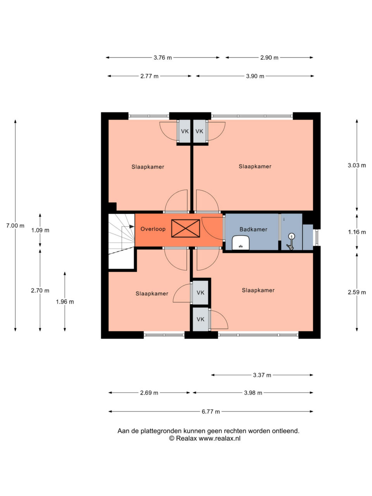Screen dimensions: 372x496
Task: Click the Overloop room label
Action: (x=153, y=229)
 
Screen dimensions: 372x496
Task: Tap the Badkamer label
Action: (x=253, y=229)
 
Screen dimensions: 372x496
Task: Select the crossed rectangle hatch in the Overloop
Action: (x=186, y=228)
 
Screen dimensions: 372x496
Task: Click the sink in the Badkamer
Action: (x=241, y=242)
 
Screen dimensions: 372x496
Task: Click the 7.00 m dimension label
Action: (x=15, y=226)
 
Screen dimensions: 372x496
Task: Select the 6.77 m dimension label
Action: (x=210, y=412)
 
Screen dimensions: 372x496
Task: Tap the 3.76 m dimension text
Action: (x=163, y=58)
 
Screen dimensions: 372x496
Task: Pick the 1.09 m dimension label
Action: (x=40, y=230)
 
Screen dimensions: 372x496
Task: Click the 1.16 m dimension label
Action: (x=356, y=232)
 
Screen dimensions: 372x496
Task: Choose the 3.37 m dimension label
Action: (x=262, y=375)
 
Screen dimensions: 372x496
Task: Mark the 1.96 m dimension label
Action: (x=65, y=301)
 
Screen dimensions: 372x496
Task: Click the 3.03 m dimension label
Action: (x=356, y=165)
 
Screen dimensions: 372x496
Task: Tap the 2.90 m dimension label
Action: (x=269, y=58)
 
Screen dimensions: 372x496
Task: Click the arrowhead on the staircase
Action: (x=132, y=226)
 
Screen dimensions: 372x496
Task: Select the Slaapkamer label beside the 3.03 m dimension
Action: (x=255, y=167)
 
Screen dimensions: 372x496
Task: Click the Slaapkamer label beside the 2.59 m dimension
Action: (x=258, y=290)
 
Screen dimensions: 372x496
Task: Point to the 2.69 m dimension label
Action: (x=149, y=393)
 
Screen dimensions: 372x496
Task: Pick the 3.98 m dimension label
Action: (x=253, y=393)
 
